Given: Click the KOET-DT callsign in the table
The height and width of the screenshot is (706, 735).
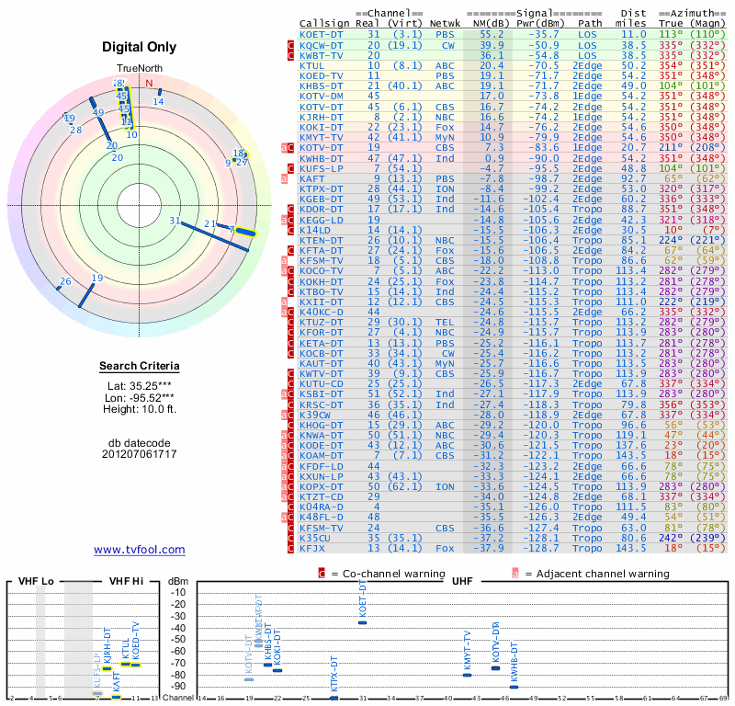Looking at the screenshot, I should [322, 33].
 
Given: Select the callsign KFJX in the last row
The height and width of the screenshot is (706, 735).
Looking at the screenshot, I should [312, 548].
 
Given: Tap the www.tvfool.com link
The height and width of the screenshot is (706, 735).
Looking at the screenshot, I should [140, 550].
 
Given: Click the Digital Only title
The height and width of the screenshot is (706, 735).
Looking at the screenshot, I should [140, 47].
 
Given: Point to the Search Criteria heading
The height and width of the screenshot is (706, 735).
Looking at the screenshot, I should [140, 367].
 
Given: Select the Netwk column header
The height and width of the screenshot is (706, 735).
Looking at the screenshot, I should [445, 22].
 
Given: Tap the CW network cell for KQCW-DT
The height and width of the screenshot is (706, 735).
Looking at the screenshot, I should [447, 44].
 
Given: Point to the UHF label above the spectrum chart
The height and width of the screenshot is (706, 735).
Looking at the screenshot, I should [463, 581].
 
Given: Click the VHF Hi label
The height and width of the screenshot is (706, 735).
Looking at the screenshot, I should [124, 581].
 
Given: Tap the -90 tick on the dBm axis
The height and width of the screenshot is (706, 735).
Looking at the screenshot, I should [178, 686].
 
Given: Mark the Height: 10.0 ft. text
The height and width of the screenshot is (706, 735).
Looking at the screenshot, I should [140, 408].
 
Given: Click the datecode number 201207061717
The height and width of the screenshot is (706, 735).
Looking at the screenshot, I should [140, 454].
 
